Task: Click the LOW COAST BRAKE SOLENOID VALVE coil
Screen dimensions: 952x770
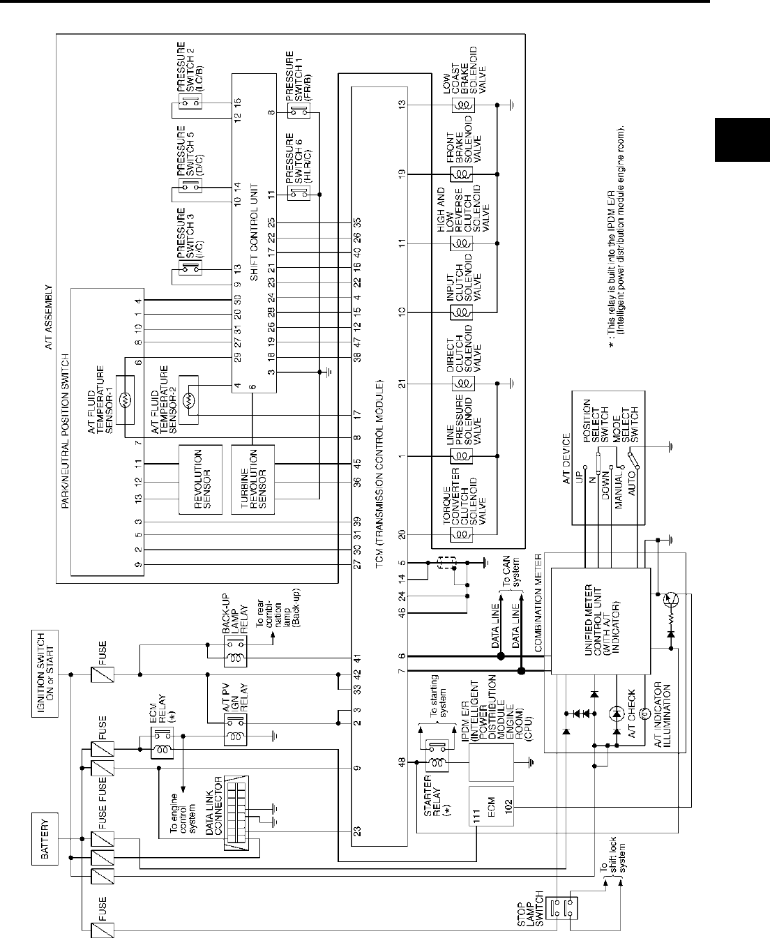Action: pos(462,105)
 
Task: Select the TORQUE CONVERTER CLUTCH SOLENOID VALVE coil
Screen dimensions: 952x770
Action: pos(462,534)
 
